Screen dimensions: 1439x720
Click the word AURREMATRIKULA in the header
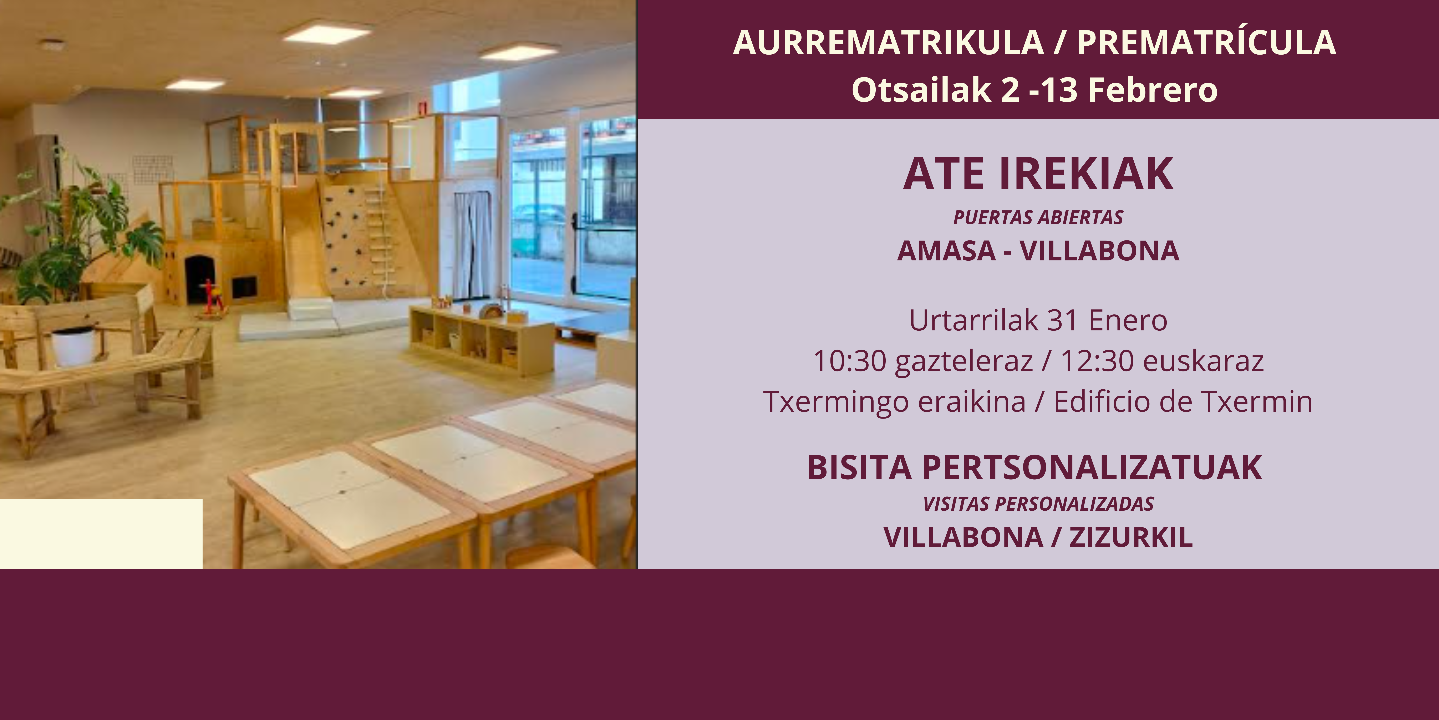[x=888, y=42]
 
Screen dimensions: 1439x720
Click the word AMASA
[x=946, y=251]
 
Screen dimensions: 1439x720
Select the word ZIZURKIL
[x=1131, y=537]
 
